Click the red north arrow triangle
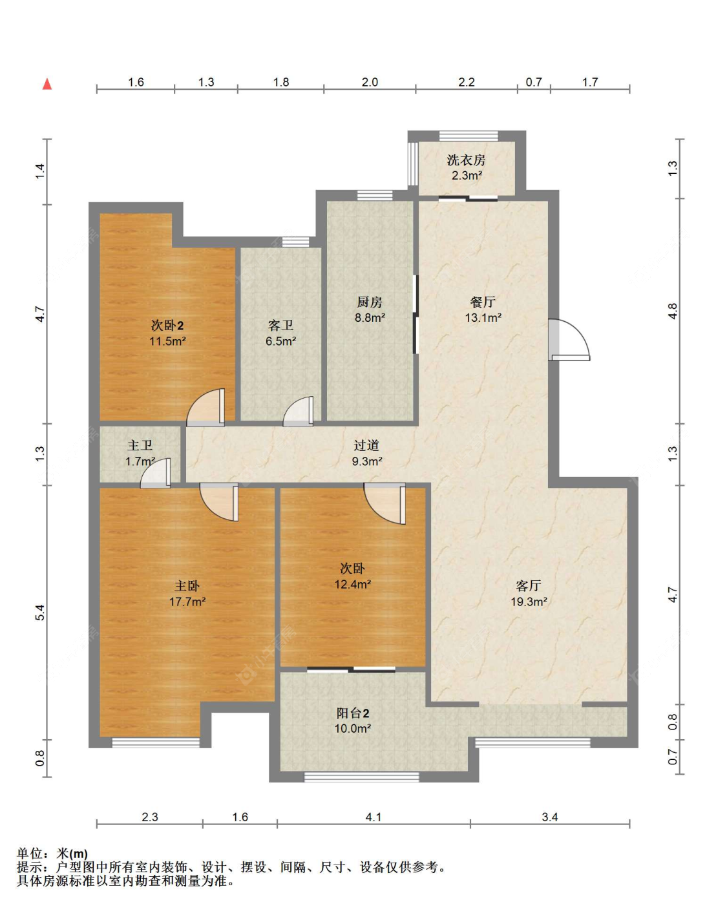(x=47, y=84)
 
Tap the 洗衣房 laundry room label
(x=465, y=160)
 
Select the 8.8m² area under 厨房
(x=370, y=317)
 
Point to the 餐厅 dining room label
(x=483, y=302)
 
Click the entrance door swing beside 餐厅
(x=569, y=340)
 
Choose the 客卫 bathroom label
(x=280, y=326)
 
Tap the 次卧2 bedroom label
(x=167, y=326)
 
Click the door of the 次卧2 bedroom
(x=206, y=407)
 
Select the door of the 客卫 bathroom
(x=299, y=411)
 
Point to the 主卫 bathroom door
(x=155, y=473)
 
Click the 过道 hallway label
(x=366, y=445)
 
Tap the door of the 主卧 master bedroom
(x=219, y=502)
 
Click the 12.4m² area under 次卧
(x=353, y=584)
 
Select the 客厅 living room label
(x=529, y=585)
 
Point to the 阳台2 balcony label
(x=353, y=713)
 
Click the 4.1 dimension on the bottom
(x=374, y=817)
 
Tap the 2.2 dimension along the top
(x=466, y=82)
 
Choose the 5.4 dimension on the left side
(x=39, y=612)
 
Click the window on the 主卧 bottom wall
(x=155, y=742)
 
